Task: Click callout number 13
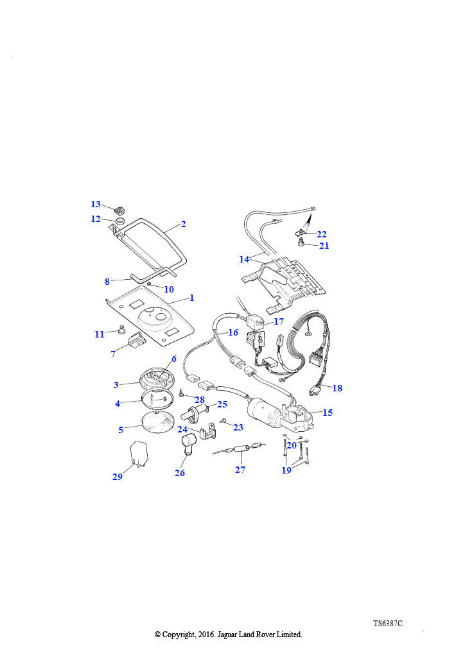pos(96,205)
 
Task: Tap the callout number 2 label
pos(183,225)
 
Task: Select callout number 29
pos(117,477)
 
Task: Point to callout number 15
pos(328,413)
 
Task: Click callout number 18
pos(337,388)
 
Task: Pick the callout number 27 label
pos(240,470)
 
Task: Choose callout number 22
pos(322,234)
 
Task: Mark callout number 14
pos(244,259)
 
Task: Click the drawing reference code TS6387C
pos(388,623)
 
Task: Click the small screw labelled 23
pos(222,422)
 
